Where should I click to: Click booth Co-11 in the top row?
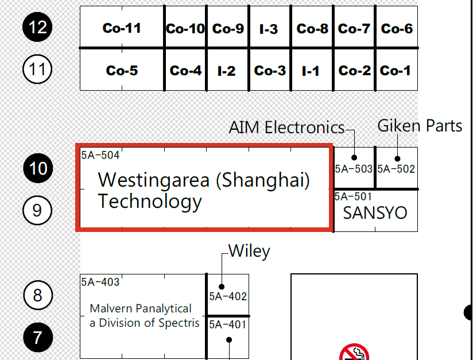pos(122,27)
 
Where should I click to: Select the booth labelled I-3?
pos(270,27)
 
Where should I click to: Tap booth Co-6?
pos(397,27)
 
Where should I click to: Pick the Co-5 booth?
pos(122,69)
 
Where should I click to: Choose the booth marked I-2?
pos(227,69)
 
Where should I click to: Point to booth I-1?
pos(312,69)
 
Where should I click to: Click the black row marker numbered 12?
pos(37,27)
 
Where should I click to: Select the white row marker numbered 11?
pos(37,69)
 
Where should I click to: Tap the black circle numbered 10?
pos(38,168)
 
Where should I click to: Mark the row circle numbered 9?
pos(37,210)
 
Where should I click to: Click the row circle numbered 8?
pos(38,295)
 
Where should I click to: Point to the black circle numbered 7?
pos(38,338)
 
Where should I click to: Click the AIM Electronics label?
pos(286,127)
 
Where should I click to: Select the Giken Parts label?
pos(420,126)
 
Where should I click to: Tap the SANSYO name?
pos(375,213)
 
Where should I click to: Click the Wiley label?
pos(249,251)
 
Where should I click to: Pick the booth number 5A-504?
pos(100,155)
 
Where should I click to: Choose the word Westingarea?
pos(153,180)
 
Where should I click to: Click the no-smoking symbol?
pos(354,352)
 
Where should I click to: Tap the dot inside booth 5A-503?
pos(354,157)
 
